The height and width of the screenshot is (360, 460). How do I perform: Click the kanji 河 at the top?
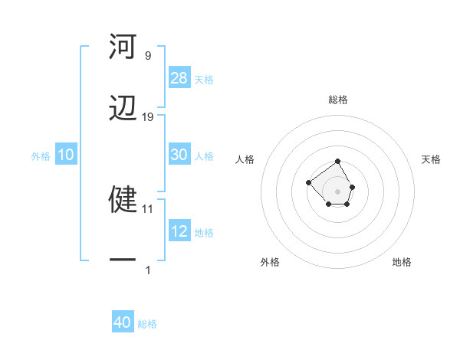coord(123,47)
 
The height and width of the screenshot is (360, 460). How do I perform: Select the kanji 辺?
coord(123,109)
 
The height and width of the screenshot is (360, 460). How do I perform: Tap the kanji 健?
coord(123,198)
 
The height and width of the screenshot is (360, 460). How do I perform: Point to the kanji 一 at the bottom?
coord(123,261)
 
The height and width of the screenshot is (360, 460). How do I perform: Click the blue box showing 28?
coord(179,77)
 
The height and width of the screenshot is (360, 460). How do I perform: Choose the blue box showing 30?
coord(179,155)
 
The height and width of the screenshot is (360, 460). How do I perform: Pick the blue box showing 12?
coord(179,231)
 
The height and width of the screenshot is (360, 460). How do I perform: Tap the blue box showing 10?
coord(66,155)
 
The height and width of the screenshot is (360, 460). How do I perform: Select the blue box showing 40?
coord(123,322)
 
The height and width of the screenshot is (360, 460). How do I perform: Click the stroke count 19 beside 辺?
coord(148,116)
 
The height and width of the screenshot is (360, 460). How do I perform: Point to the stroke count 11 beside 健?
coord(148,208)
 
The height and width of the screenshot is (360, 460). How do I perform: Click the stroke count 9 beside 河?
coord(148,55)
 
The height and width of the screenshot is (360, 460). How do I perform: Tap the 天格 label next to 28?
coord(204,79)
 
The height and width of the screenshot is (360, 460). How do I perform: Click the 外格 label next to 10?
coord(41,155)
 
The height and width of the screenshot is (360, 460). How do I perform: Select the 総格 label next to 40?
coord(147,324)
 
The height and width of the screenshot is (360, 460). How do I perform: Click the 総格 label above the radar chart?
coord(338,100)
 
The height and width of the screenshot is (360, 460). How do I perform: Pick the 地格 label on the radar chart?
coord(402,262)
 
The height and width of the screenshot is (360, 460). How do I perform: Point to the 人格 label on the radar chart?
coord(245,159)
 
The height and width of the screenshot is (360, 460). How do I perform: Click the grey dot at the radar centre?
coord(337,191)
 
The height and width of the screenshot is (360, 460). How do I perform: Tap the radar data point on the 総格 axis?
coord(337,162)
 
